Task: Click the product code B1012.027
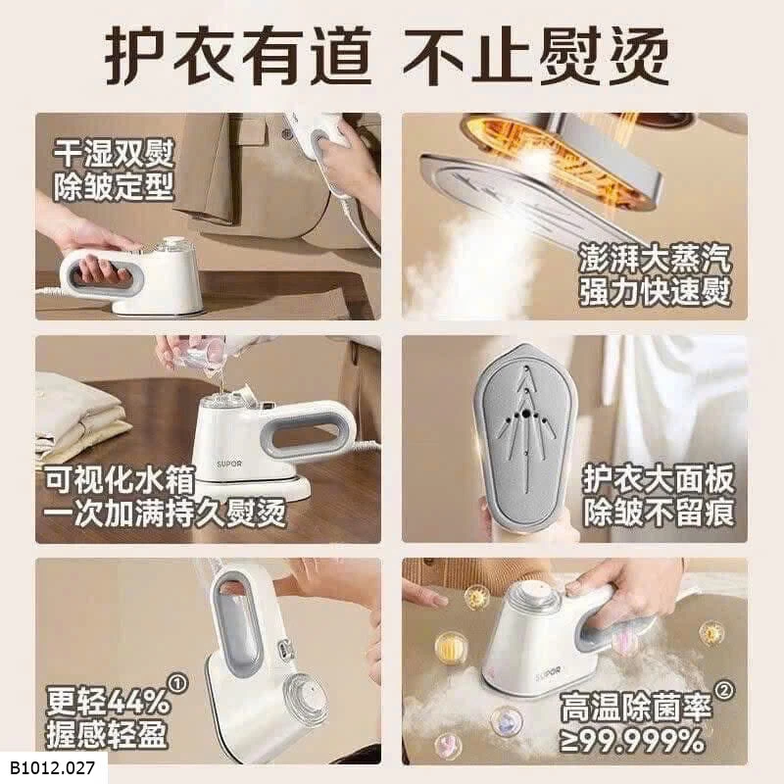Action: (x=52, y=768)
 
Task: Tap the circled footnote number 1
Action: (x=179, y=682)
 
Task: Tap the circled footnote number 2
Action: (x=724, y=691)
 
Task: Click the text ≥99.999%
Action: (x=631, y=742)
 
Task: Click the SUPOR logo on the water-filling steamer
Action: (x=229, y=464)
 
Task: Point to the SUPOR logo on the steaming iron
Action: (x=550, y=671)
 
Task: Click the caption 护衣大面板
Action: (x=659, y=479)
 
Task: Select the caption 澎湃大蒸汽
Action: (x=655, y=259)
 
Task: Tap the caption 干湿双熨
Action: (x=114, y=154)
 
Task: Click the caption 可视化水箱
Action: (x=120, y=479)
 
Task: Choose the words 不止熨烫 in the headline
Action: (x=535, y=56)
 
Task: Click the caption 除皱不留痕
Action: (x=659, y=513)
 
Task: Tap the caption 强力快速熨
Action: (x=655, y=291)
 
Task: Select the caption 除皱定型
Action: (x=114, y=186)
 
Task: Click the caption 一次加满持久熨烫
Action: (x=165, y=513)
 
